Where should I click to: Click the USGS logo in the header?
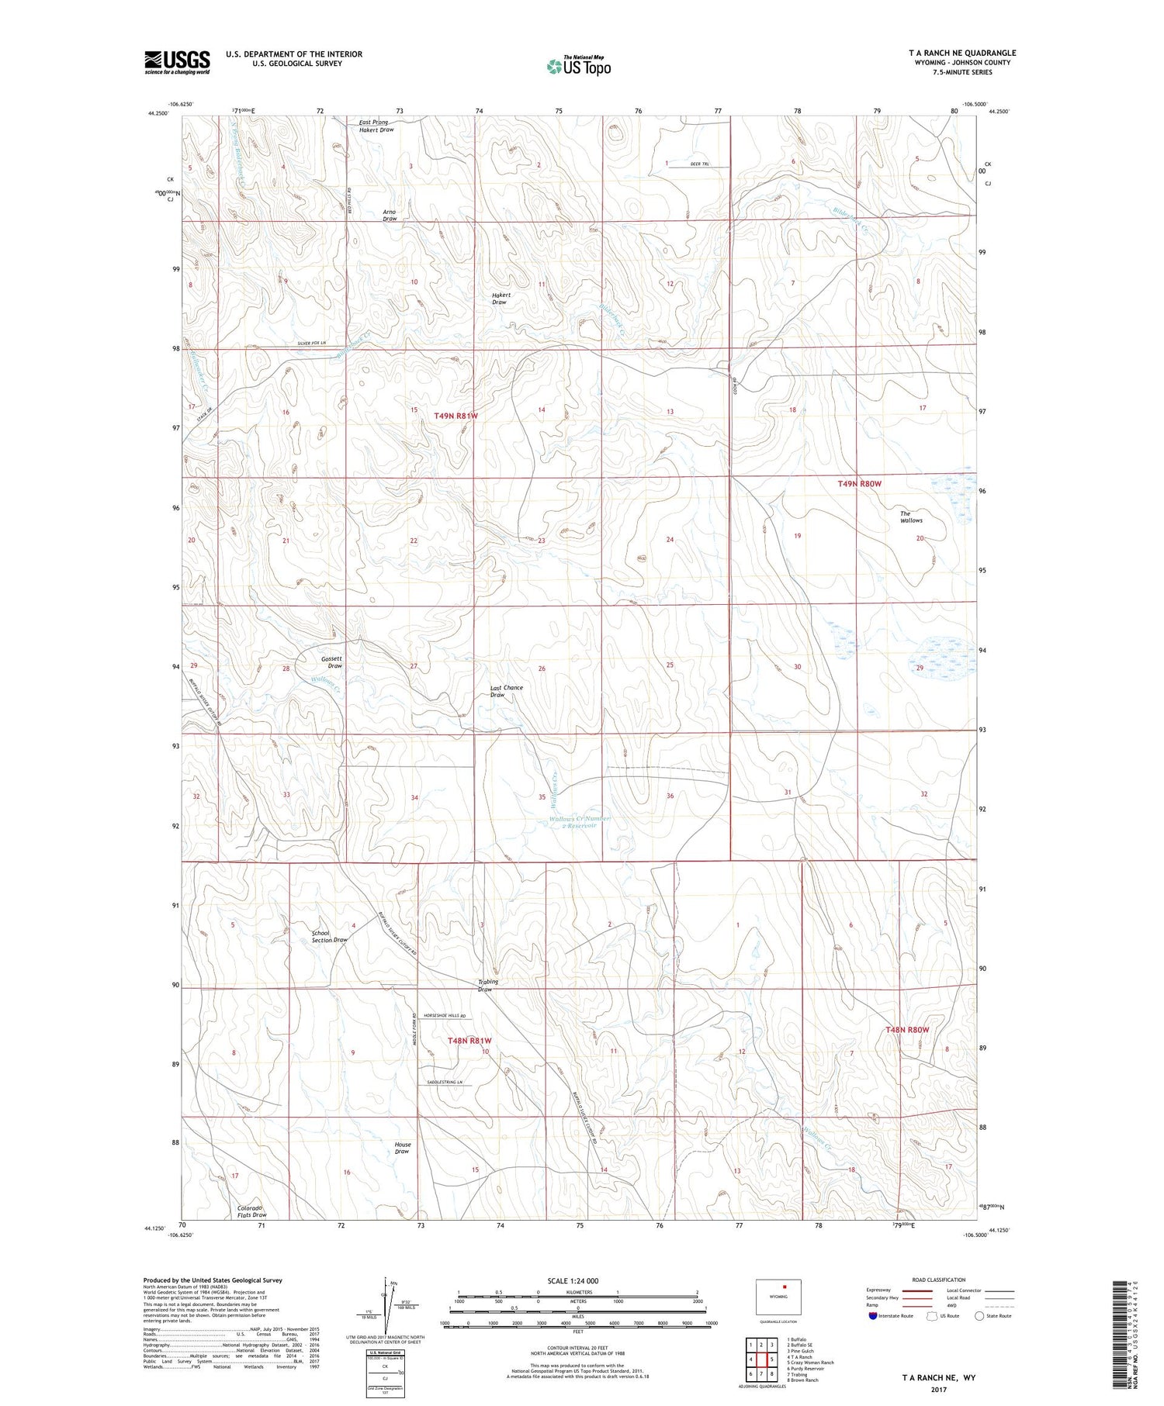point(177,62)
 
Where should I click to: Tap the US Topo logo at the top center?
point(578,67)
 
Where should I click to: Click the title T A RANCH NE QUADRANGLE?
point(961,53)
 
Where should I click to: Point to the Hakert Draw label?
point(501,299)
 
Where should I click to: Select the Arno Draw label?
point(390,215)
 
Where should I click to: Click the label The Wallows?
point(910,516)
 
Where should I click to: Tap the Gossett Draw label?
point(331,662)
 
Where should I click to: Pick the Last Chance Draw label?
point(506,691)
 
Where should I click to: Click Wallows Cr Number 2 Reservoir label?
point(579,822)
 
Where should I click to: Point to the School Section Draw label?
point(329,936)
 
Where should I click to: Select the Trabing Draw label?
point(487,985)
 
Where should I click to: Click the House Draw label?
point(402,1148)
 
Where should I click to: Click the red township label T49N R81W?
point(456,416)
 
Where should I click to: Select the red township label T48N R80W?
point(906,1029)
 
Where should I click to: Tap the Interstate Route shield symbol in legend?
point(873,1316)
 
